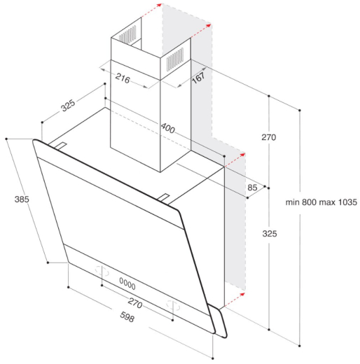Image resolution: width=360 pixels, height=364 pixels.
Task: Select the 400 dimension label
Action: click(x=167, y=128)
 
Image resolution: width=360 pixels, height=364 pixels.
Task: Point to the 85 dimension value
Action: click(x=252, y=187)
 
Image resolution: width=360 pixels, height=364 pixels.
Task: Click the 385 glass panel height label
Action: click(x=21, y=199)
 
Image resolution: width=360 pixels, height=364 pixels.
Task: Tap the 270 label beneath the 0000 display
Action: click(x=134, y=304)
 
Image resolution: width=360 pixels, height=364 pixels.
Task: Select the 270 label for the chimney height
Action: click(x=269, y=137)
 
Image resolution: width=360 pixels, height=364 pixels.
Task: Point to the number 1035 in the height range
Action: click(x=347, y=202)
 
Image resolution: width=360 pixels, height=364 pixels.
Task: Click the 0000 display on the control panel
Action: click(x=127, y=283)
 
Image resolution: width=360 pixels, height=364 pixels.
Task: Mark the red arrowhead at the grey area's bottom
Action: click(x=242, y=295)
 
